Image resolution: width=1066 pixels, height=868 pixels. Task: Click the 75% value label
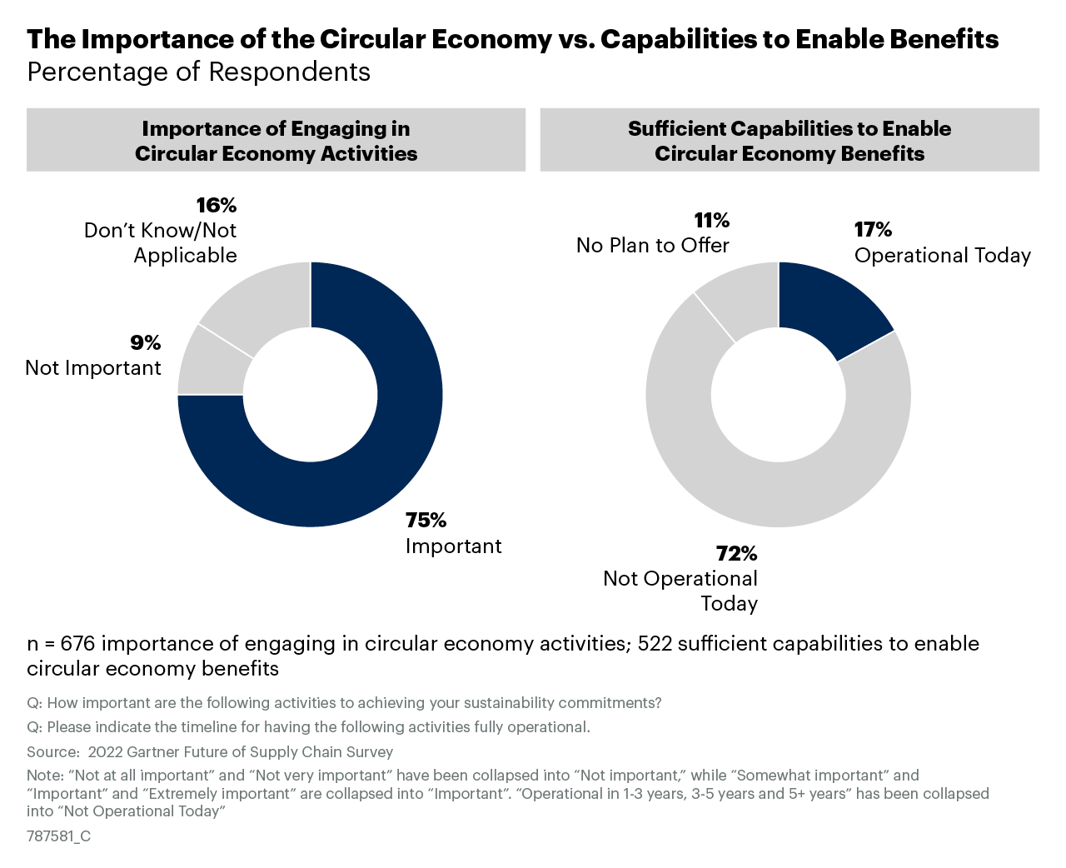click(x=426, y=521)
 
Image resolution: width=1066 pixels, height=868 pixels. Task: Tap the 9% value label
click(x=145, y=342)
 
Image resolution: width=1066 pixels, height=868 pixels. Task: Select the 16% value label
click(x=217, y=205)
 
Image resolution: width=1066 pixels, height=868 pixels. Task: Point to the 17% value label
click(x=873, y=230)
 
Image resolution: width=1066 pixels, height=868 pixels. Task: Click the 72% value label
click(x=736, y=553)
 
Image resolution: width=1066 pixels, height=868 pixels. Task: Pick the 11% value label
click(x=711, y=220)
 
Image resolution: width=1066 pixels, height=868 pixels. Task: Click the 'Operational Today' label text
click(x=943, y=256)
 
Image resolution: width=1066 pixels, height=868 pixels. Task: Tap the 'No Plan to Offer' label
click(x=653, y=246)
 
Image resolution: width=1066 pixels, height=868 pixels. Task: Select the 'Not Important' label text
click(x=93, y=368)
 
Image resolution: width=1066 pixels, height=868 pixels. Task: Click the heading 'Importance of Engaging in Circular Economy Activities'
click(x=276, y=141)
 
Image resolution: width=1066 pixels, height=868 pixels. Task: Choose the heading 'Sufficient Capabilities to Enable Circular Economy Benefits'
click(x=790, y=141)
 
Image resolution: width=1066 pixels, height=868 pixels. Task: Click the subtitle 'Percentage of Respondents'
click(x=199, y=72)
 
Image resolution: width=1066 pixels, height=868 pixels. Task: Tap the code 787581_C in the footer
click(x=58, y=836)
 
